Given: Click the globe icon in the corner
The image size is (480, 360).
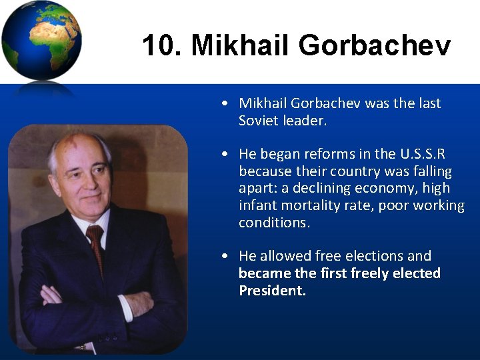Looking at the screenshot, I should coord(41,41).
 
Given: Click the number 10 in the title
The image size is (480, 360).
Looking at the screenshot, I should coord(157,46).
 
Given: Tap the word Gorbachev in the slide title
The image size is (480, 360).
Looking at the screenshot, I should coord(375,46).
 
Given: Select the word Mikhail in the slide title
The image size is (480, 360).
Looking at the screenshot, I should coord(241,46).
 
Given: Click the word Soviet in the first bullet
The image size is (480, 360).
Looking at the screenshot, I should coord(259,121).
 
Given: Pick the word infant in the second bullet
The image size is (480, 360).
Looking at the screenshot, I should coord(258,206).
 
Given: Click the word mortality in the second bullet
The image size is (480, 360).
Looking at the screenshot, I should coord(313,206).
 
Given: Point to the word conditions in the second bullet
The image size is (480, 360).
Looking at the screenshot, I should coord(273,223).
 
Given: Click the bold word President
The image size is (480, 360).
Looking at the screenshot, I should coord(272,291).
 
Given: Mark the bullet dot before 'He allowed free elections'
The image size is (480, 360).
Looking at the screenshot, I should coord(227,256).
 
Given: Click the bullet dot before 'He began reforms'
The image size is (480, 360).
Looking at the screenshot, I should coord(227,154).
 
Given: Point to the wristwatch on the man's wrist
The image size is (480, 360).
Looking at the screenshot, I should coord(81,347).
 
